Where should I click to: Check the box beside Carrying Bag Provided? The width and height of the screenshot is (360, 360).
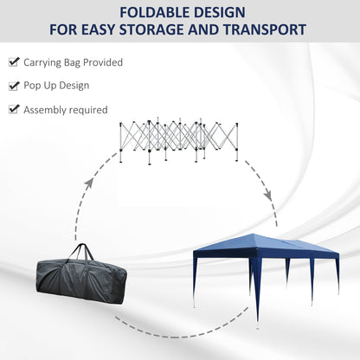click(14, 61)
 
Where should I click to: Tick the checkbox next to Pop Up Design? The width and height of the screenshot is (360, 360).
click(14, 86)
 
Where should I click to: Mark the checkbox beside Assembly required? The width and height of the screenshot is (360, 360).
click(14, 109)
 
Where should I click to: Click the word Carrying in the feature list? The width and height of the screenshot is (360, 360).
click(42, 63)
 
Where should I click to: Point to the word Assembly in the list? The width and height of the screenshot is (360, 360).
click(45, 110)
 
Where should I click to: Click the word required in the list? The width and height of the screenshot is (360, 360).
click(88, 110)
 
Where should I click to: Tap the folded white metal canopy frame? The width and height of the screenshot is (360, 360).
click(179, 141)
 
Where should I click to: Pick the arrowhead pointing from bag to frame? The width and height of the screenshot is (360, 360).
click(89, 183)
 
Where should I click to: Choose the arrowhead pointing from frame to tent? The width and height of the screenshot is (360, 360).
click(268, 195)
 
